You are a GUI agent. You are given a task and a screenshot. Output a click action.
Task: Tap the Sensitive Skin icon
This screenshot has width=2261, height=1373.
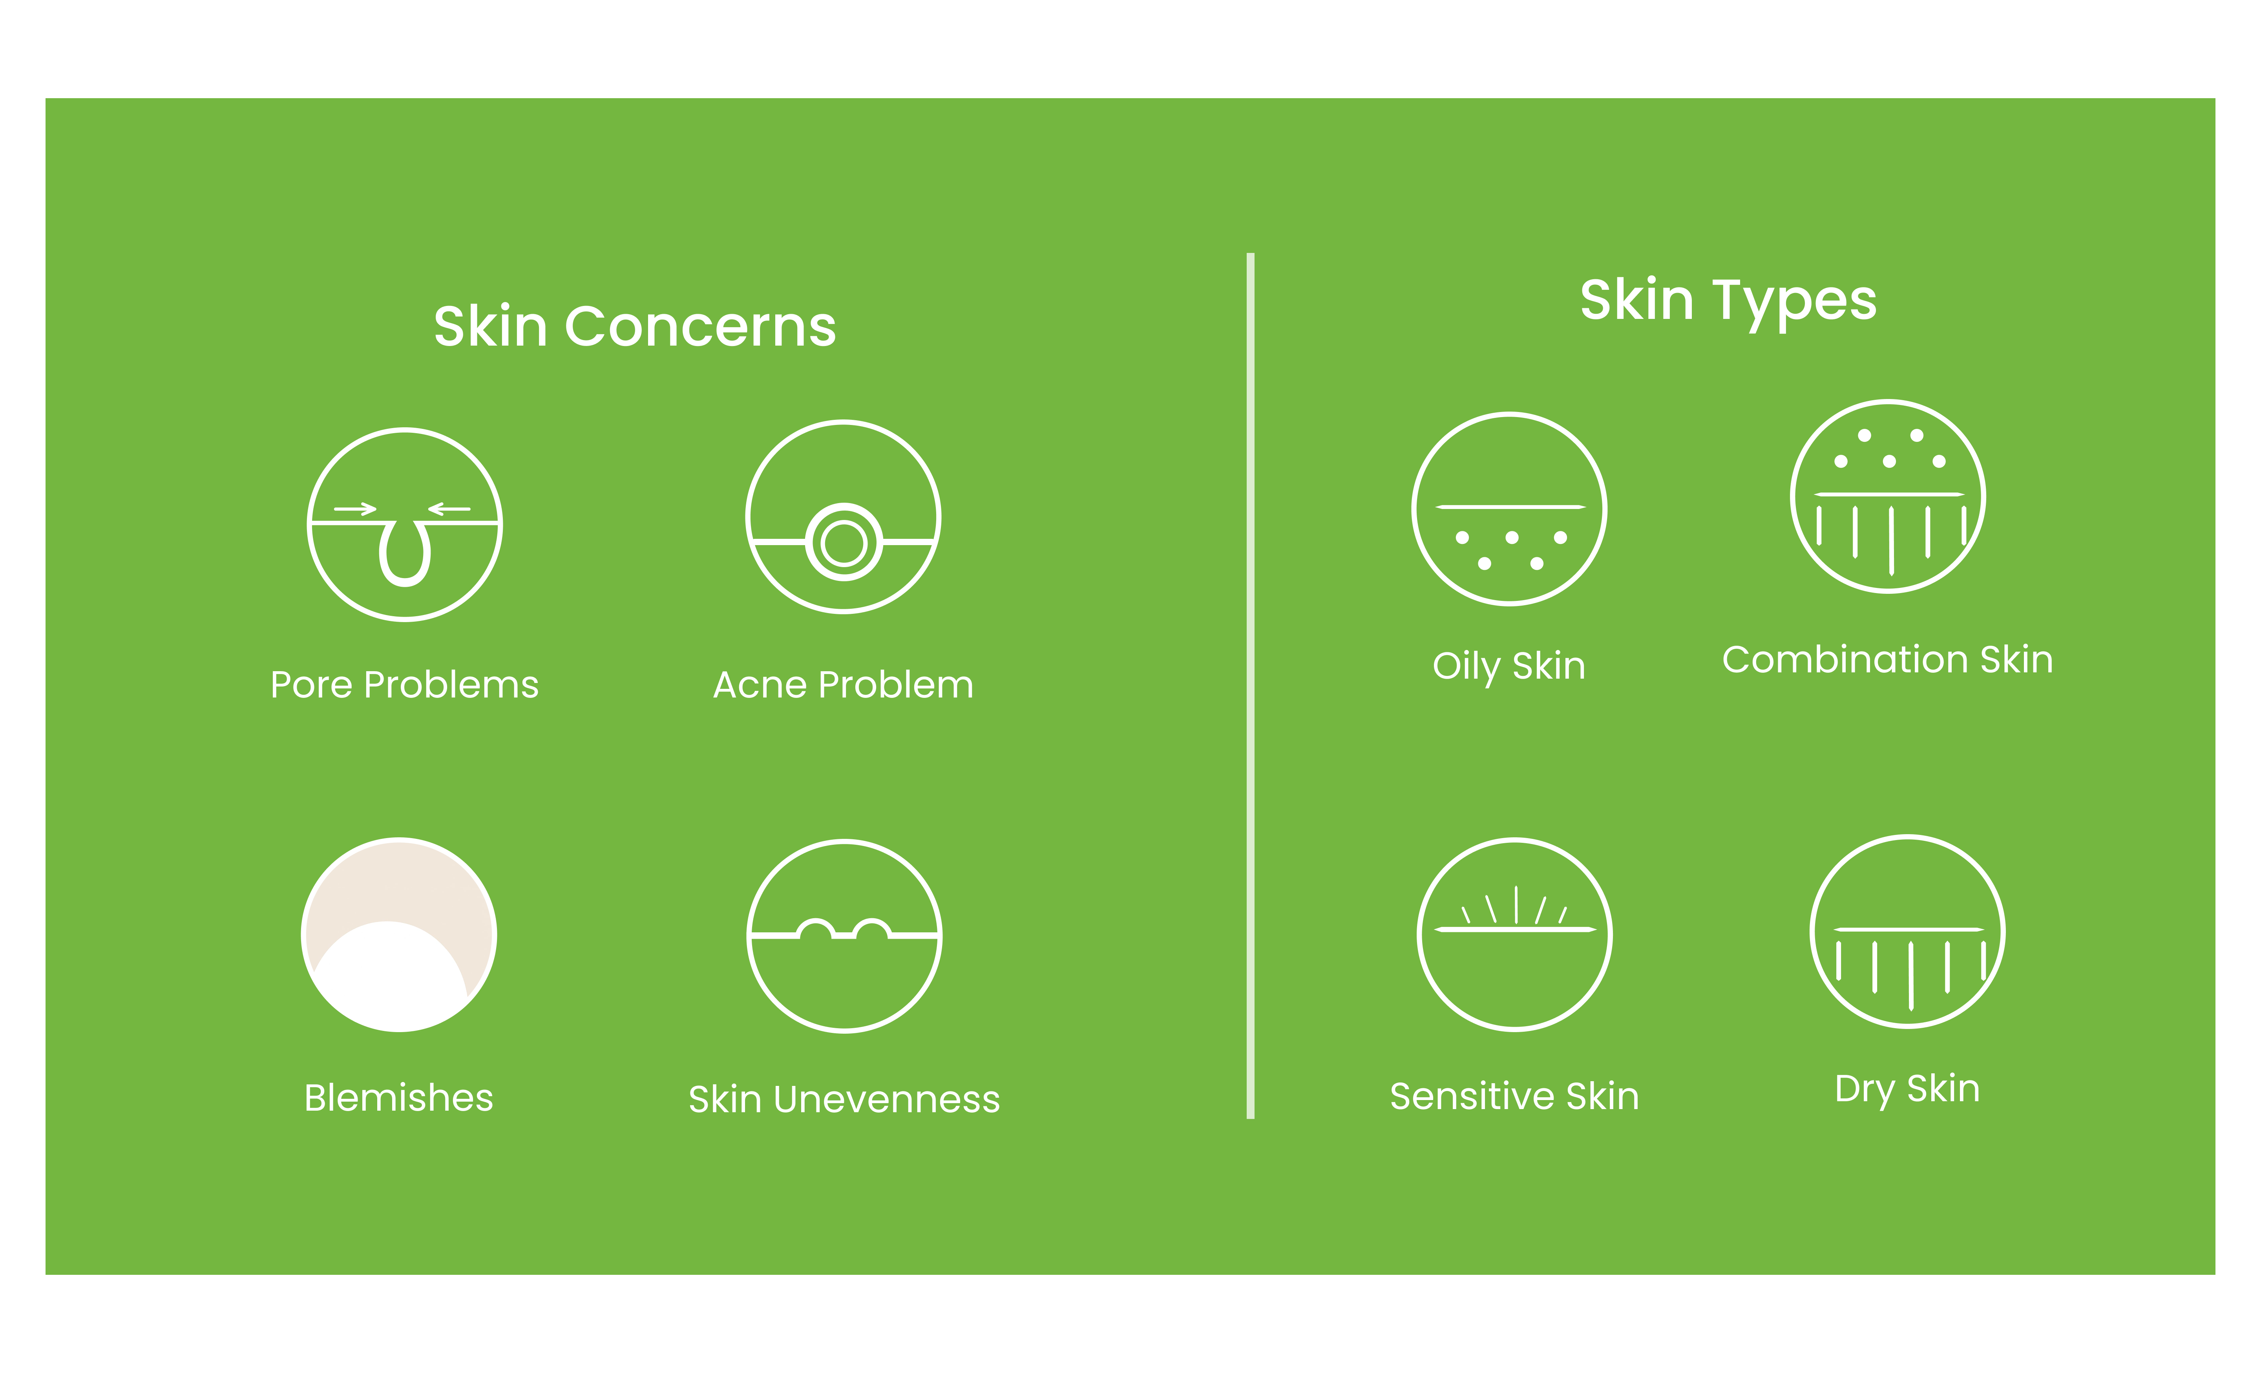coord(1515,934)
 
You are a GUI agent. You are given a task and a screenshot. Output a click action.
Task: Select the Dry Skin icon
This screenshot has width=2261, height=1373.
coord(1908,932)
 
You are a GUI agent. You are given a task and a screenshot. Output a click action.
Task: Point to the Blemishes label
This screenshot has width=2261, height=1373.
coord(399,1098)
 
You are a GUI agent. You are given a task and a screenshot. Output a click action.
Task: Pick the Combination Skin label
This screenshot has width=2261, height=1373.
coord(1888,660)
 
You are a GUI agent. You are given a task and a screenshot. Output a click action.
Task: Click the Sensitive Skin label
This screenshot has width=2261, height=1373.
coord(1515,1096)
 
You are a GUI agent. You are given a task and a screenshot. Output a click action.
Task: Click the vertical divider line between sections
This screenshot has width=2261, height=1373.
coord(1251,686)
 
